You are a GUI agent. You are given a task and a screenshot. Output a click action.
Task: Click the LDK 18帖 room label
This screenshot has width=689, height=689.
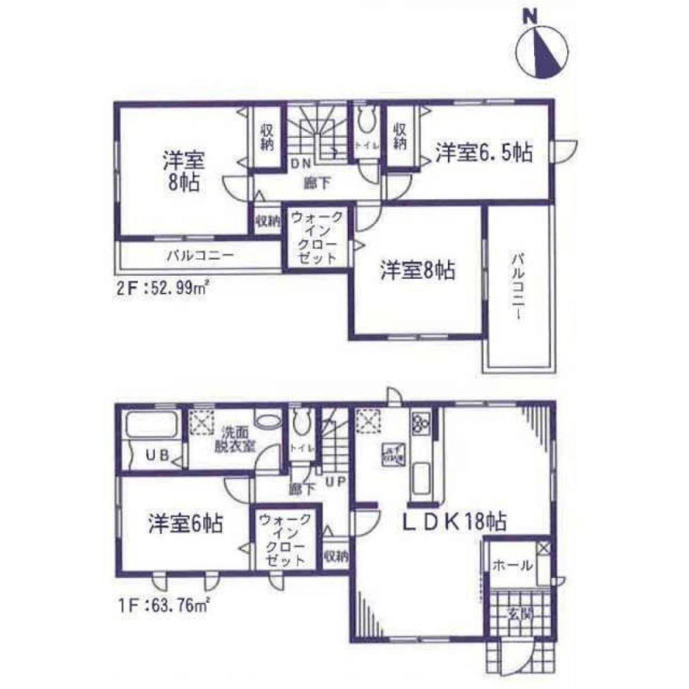pos(455,522)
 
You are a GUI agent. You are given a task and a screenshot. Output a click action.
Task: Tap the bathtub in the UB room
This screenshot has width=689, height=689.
pos(152,424)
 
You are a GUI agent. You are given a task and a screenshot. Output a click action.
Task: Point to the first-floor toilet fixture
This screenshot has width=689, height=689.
pos(300,420)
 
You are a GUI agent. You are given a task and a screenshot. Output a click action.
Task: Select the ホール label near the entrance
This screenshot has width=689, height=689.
pos(511,566)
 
